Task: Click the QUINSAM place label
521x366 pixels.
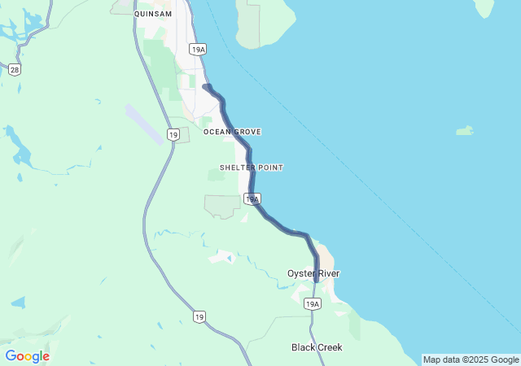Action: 152,13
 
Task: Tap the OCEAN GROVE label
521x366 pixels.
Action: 232,131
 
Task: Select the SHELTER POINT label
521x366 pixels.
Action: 252,168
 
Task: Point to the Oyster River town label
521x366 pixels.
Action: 313,273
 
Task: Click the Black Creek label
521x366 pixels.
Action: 317,347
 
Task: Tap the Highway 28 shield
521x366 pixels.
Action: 15,69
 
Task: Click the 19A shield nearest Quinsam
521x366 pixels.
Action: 198,50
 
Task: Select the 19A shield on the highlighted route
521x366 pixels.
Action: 252,198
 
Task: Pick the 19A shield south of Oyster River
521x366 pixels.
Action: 313,303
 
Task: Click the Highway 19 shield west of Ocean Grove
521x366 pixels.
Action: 173,134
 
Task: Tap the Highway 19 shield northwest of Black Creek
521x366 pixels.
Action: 199,316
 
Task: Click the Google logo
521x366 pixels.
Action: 27,356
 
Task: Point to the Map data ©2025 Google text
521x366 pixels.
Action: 470,359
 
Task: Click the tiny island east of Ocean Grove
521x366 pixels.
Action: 465,130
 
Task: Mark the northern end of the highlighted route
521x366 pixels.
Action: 205,86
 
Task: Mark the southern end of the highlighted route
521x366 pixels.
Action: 317,281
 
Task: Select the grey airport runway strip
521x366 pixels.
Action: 144,123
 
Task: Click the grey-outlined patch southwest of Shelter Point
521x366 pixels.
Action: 221,206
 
